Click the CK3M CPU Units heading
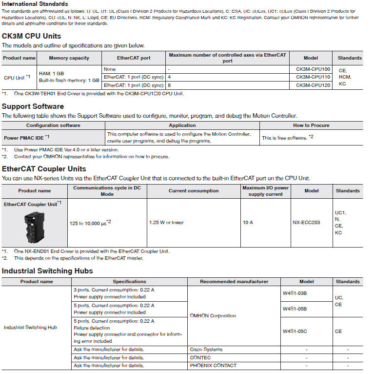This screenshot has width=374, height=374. (39, 36)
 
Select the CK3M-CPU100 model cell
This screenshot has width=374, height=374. (313, 69)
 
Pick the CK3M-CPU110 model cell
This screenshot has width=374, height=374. (313, 77)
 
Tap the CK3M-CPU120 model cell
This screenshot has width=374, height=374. (313, 84)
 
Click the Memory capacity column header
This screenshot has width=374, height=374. (69, 58)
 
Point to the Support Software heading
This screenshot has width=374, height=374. (33, 106)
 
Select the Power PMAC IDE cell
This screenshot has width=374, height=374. (24, 138)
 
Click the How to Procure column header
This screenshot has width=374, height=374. (311, 125)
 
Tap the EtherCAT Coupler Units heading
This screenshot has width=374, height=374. (44, 169)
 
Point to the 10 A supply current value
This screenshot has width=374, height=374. (248, 222)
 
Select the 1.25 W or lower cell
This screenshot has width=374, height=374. (167, 222)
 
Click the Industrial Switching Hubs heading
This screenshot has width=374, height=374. (47, 271)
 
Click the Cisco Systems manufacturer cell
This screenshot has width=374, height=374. (206, 350)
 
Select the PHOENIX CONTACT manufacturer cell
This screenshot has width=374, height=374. (213, 365)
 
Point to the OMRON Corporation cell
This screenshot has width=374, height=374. (213, 315)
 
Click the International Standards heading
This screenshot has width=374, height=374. (35, 4)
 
